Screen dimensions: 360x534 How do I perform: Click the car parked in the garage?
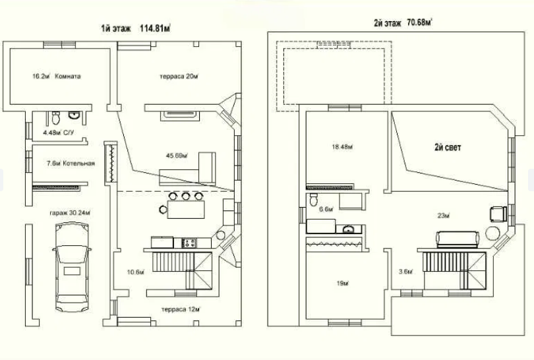pos(73,267)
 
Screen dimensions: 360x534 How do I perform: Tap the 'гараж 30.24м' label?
pos(69,213)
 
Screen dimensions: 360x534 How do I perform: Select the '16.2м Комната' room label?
pos(56,76)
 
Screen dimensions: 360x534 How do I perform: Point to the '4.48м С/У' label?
pos(57,133)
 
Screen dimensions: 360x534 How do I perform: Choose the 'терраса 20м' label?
pos(178,76)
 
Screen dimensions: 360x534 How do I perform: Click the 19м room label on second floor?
pos(342,283)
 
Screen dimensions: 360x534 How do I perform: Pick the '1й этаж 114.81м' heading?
pos(136,28)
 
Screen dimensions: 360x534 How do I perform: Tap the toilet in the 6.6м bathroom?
pos(315,199)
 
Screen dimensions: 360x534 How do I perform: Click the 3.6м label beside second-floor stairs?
pos(407,271)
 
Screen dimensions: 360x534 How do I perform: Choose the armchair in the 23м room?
pos(495,213)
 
